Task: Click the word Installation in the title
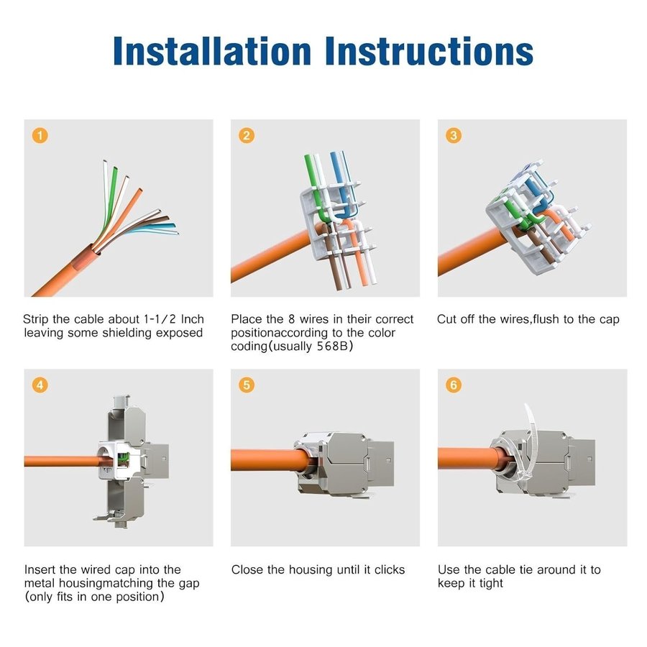(212, 51)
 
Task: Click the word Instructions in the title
(429, 51)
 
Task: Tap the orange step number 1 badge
(40, 135)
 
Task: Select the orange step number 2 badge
(247, 135)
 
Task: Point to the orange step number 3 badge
(454, 135)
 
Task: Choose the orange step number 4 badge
(40, 385)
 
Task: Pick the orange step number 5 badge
(247, 385)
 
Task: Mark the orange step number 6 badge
(454, 385)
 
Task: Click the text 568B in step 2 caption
(333, 346)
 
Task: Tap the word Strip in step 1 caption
(36, 319)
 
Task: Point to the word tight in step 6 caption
(491, 584)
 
